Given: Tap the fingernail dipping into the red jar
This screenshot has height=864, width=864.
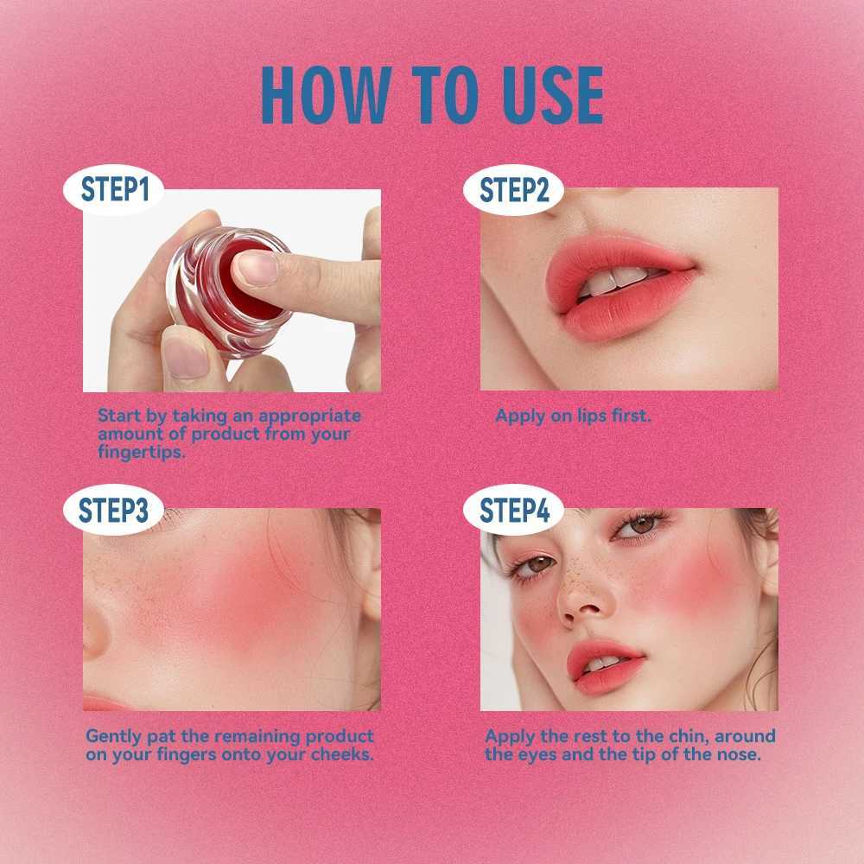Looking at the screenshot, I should click(257, 270).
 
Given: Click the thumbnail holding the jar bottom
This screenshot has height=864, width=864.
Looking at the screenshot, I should click(187, 357).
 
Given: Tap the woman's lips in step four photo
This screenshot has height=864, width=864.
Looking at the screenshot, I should click(605, 664).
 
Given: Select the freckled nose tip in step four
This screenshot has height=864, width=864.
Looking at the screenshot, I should click(579, 609).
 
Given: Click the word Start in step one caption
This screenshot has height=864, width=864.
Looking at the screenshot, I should click(118, 416).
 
